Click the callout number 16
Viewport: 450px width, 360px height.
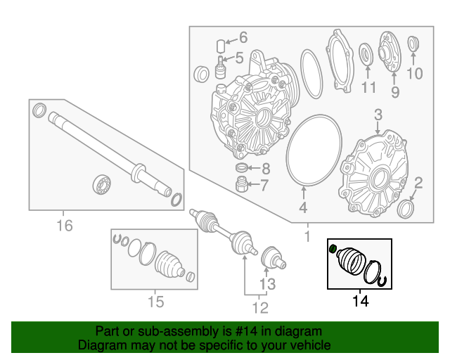64,225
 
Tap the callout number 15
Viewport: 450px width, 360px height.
155,302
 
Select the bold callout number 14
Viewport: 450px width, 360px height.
360,302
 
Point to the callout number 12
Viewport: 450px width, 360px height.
260,307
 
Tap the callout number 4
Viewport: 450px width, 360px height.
303,208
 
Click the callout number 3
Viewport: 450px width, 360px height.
378,114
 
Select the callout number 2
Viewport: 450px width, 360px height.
418,184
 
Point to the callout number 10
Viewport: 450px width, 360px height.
415,73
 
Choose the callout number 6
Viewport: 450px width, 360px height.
243,37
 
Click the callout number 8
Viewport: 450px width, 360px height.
264,169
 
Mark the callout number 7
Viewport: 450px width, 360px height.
264,186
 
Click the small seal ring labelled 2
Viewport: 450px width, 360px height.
406,210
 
